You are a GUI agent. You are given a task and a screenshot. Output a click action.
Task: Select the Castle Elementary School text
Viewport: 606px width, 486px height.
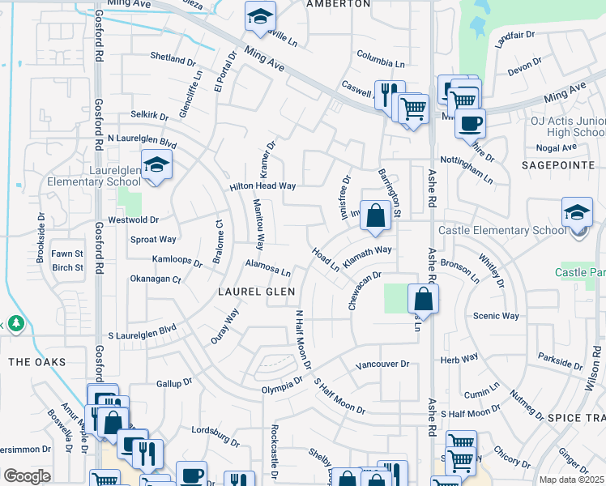(x=502, y=231)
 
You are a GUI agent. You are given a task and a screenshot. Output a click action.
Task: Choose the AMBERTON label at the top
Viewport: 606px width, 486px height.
(x=338, y=4)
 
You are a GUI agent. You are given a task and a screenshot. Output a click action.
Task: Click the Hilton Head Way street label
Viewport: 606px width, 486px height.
(x=262, y=186)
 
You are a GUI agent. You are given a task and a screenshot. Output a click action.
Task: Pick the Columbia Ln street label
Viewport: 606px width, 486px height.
(x=380, y=58)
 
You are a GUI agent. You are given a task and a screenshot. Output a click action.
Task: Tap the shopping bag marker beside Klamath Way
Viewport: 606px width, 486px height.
(x=374, y=216)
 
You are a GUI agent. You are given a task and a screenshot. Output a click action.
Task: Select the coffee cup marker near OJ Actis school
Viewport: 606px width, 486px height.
(x=469, y=124)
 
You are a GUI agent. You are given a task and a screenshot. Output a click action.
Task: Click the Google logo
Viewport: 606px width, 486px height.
(x=27, y=476)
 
